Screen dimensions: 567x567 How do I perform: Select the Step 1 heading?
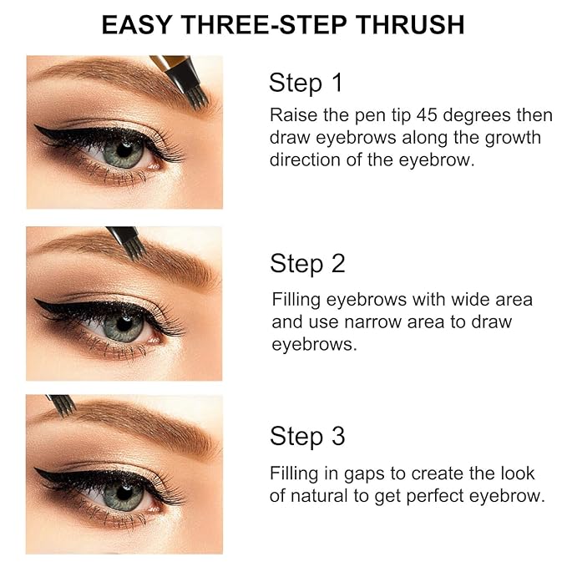tap(306, 83)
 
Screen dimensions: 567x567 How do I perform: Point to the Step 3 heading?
tap(307, 436)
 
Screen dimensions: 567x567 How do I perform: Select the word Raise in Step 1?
tap(291, 115)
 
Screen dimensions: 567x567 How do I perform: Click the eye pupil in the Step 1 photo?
tap(125, 151)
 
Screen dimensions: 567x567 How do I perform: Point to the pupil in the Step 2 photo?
tap(124, 322)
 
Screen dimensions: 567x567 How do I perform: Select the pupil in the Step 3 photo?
tap(125, 493)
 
